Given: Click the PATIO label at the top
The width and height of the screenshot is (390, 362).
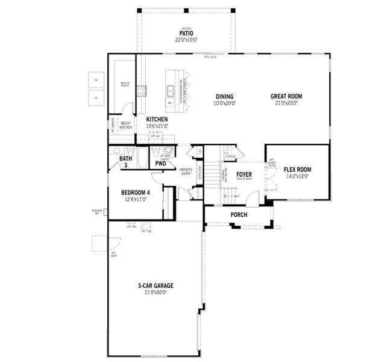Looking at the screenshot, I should [x=186, y=33].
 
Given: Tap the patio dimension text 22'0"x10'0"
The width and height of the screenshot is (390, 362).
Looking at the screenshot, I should [x=186, y=40].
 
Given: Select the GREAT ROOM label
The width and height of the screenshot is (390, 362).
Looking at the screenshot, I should [x=286, y=96].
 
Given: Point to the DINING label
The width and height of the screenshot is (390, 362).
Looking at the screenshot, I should [x=224, y=97].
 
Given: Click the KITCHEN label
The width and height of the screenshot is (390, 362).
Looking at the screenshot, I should [x=157, y=119].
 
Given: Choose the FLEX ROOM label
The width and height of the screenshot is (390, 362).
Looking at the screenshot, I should [x=297, y=170].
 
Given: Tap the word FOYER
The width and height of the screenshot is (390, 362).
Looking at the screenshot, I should [x=244, y=174].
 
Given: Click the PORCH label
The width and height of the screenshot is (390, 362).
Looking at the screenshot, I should [x=240, y=215].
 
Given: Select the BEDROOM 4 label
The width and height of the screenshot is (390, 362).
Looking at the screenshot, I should [x=135, y=192].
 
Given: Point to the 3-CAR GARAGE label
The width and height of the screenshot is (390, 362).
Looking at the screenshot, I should [x=155, y=285].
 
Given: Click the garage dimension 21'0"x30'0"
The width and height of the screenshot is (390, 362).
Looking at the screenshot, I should [x=155, y=292].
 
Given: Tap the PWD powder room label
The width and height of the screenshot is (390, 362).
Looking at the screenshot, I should [x=160, y=163].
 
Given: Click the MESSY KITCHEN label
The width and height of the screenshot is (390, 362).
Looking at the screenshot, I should [x=125, y=125].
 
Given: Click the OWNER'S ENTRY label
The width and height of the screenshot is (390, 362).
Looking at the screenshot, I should [x=186, y=171].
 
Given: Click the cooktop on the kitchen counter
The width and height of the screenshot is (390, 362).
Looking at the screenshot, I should [x=143, y=91].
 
